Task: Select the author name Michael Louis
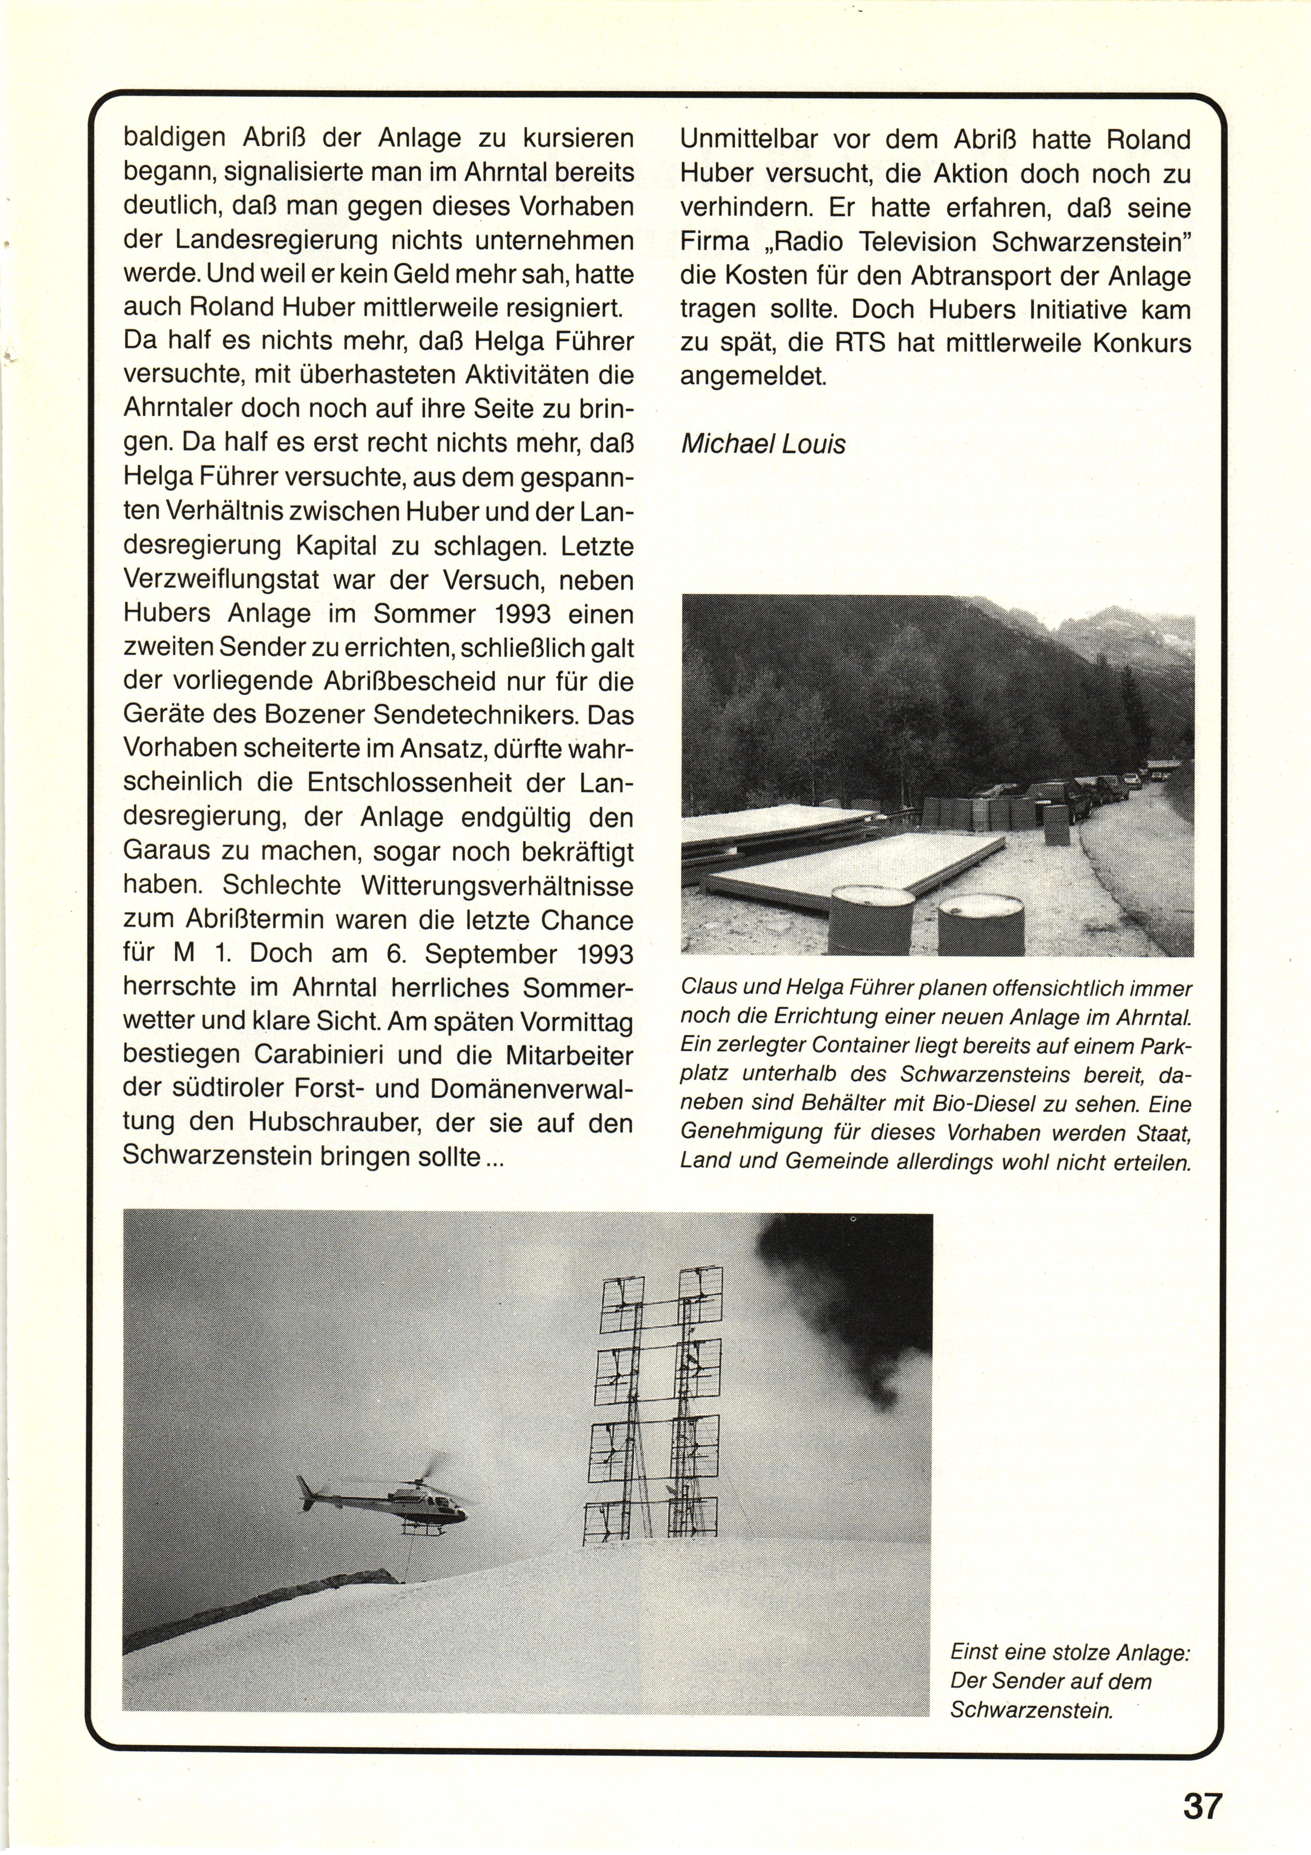(763, 444)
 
